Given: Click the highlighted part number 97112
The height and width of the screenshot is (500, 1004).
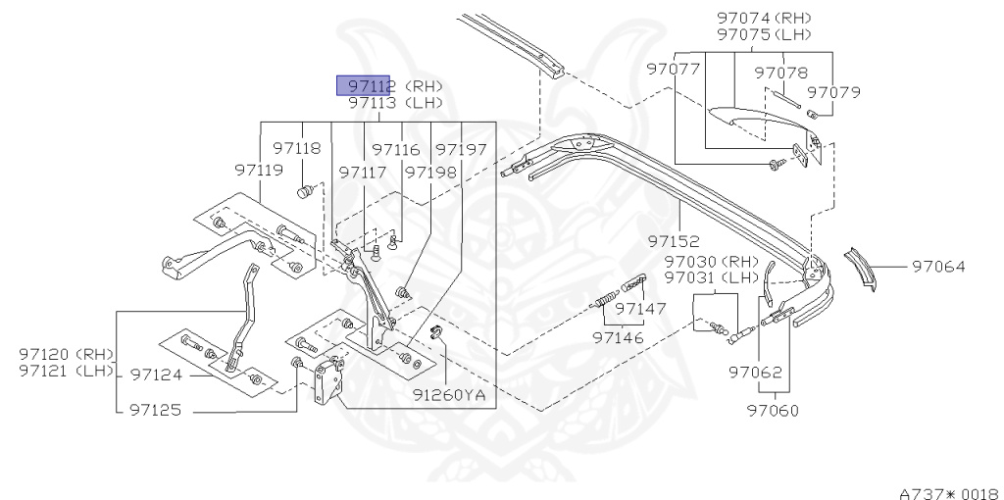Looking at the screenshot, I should pyautogui.click(x=366, y=85).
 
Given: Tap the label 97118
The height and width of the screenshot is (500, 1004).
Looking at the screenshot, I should pyautogui.click(x=297, y=149).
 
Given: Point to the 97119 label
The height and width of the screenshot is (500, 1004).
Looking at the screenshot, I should pyautogui.click(x=259, y=170).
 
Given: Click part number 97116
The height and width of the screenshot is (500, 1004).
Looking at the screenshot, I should pyautogui.click(x=395, y=150).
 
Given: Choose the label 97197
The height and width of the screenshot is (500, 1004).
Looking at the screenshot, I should pyautogui.click(x=461, y=150).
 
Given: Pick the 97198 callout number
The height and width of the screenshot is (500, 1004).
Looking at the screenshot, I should pyautogui.click(x=430, y=172).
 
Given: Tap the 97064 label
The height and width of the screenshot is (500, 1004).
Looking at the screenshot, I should pyautogui.click(x=938, y=266).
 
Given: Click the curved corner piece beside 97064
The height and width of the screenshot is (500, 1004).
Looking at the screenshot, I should pyautogui.click(x=862, y=266).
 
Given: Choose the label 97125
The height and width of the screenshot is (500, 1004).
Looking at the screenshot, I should pyautogui.click(x=156, y=411).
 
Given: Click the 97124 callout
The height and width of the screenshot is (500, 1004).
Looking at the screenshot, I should pyautogui.click(x=157, y=375).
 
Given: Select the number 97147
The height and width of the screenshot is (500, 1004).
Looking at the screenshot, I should pyautogui.click(x=639, y=308).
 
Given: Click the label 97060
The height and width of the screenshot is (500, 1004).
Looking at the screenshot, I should pyautogui.click(x=772, y=410).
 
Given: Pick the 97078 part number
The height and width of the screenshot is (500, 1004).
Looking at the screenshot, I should pyautogui.click(x=781, y=73).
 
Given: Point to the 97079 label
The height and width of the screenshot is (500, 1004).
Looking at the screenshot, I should pyautogui.click(x=834, y=92).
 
